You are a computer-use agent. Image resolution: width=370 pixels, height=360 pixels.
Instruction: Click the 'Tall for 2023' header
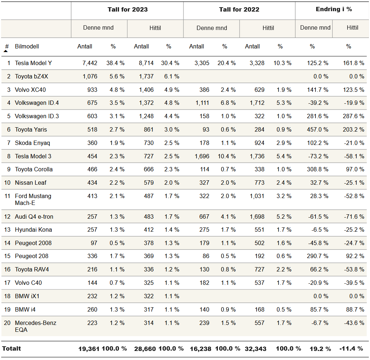pyautogui.click(x=128, y=9)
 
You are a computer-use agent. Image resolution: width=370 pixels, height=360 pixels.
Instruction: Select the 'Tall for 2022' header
pyautogui.click(x=239, y=9)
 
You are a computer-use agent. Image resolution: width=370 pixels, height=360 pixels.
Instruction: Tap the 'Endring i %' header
pyautogui.click(x=334, y=9)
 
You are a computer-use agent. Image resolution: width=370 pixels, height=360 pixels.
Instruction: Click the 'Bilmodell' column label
pyautogui.click(x=27, y=46)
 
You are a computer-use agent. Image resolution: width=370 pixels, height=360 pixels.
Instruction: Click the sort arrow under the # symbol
pyautogui.click(x=6, y=51)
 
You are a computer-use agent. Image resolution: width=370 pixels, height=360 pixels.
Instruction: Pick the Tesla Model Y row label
pyautogui.click(x=33, y=63)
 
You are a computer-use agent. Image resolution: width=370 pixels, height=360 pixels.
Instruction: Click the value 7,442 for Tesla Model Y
pyautogui.click(x=90, y=63)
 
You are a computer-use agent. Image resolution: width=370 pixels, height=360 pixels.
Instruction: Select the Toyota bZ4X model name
pyautogui.click(x=31, y=77)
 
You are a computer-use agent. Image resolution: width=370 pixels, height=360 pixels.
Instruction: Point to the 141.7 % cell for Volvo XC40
pyautogui.click(x=317, y=90)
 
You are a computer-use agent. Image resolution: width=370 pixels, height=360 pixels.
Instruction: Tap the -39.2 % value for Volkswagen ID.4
pyautogui.click(x=318, y=103)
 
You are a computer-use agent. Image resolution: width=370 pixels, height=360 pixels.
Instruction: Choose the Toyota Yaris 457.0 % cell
pyautogui.click(x=317, y=130)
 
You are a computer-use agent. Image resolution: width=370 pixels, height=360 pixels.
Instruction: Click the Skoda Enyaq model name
pyautogui.click(x=32, y=143)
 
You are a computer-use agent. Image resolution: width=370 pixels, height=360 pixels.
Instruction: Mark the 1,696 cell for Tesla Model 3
pyautogui.click(x=202, y=156)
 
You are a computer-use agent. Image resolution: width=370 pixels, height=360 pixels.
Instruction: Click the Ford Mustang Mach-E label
pyautogui.click(x=33, y=200)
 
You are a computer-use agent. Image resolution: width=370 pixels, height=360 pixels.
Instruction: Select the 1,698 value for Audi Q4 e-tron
pyautogui.click(x=257, y=217)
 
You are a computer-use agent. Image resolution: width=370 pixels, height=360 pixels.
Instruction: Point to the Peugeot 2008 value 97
pyautogui.click(x=94, y=243)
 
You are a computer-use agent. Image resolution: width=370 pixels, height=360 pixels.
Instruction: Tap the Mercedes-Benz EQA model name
pyautogui.click(x=35, y=326)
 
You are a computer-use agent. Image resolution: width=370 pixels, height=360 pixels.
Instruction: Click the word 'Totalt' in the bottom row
pyautogui.click(x=11, y=349)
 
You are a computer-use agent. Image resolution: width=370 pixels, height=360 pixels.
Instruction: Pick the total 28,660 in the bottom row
pyautogui.click(x=145, y=349)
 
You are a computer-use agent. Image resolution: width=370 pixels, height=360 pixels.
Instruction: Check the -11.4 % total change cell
pyautogui.click(x=351, y=349)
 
